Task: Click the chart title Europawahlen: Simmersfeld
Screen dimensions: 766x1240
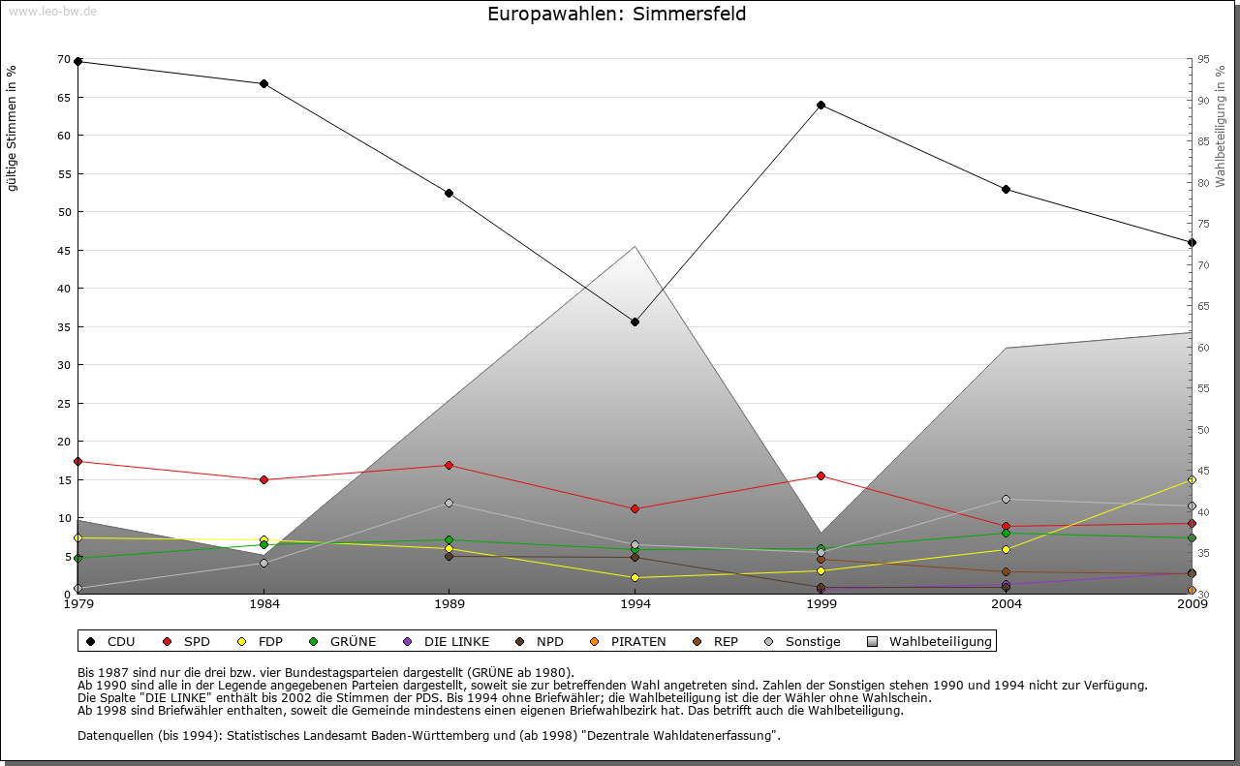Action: tap(616, 15)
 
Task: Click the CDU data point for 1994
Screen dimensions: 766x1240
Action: tap(635, 322)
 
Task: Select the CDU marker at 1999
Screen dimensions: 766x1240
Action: tap(821, 105)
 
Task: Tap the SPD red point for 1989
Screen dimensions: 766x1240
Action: tap(449, 465)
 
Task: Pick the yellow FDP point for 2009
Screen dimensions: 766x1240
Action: tap(1192, 479)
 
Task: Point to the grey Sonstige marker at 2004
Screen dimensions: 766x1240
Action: tap(1006, 499)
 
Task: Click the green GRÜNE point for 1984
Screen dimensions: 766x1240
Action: tap(263, 544)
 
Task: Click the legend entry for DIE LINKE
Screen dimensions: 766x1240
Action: tap(456, 641)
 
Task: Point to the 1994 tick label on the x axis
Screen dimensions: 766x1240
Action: tap(635, 605)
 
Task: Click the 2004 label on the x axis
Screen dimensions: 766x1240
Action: tap(1006, 605)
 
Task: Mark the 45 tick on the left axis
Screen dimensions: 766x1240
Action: tap(64, 250)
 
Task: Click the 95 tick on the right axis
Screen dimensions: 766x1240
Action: tap(1203, 59)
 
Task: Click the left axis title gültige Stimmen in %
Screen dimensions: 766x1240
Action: tap(13, 128)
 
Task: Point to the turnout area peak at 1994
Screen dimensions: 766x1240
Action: tap(635, 247)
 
